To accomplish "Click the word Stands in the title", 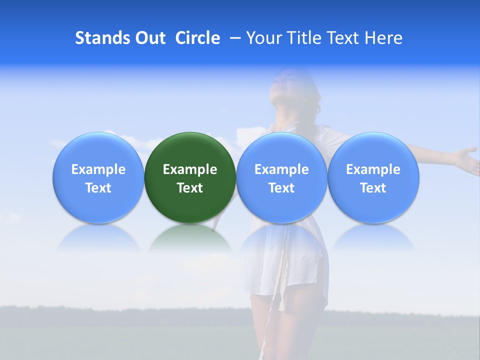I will (101, 38).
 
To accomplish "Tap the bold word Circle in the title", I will (197, 38).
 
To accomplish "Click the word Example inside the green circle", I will (190, 169).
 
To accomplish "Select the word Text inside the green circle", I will (190, 188).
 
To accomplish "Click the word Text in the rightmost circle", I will (373, 188).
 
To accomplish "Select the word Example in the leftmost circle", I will (98, 169).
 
